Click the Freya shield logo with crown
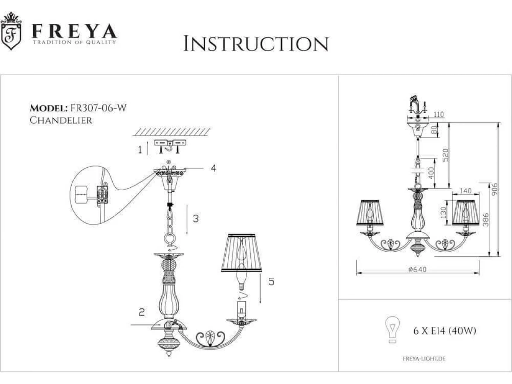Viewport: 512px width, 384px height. (11, 31)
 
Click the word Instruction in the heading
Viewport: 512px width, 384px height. (256, 44)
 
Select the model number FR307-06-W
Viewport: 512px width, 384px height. (98, 108)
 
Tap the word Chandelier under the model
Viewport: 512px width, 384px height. (61, 120)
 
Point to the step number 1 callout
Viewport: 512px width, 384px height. (140, 149)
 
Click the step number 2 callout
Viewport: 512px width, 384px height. (142, 312)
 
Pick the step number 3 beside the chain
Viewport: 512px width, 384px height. (195, 219)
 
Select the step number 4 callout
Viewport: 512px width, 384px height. (213, 168)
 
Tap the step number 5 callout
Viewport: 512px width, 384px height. (271, 282)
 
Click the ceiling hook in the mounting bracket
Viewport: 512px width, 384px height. (170, 146)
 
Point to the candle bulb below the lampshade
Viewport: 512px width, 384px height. (241, 277)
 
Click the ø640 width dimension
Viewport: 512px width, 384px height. (418, 270)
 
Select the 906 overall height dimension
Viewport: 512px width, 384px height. (494, 189)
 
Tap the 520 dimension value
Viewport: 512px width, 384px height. (445, 155)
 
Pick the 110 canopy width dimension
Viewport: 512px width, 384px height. (439, 114)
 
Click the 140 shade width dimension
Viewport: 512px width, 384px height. (465, 191)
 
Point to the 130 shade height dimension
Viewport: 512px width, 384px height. (443, 212)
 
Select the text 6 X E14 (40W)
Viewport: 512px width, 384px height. (445, 331)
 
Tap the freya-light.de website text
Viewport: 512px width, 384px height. (424, 358)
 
